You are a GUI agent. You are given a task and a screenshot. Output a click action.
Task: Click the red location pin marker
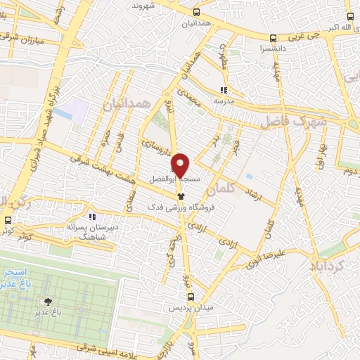coord(181,165)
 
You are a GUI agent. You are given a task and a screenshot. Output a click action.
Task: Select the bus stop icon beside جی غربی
coord(273,37)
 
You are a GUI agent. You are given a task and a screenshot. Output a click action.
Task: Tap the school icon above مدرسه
coord(224,90)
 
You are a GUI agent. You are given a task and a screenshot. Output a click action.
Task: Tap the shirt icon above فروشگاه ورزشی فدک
coord(181,198)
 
